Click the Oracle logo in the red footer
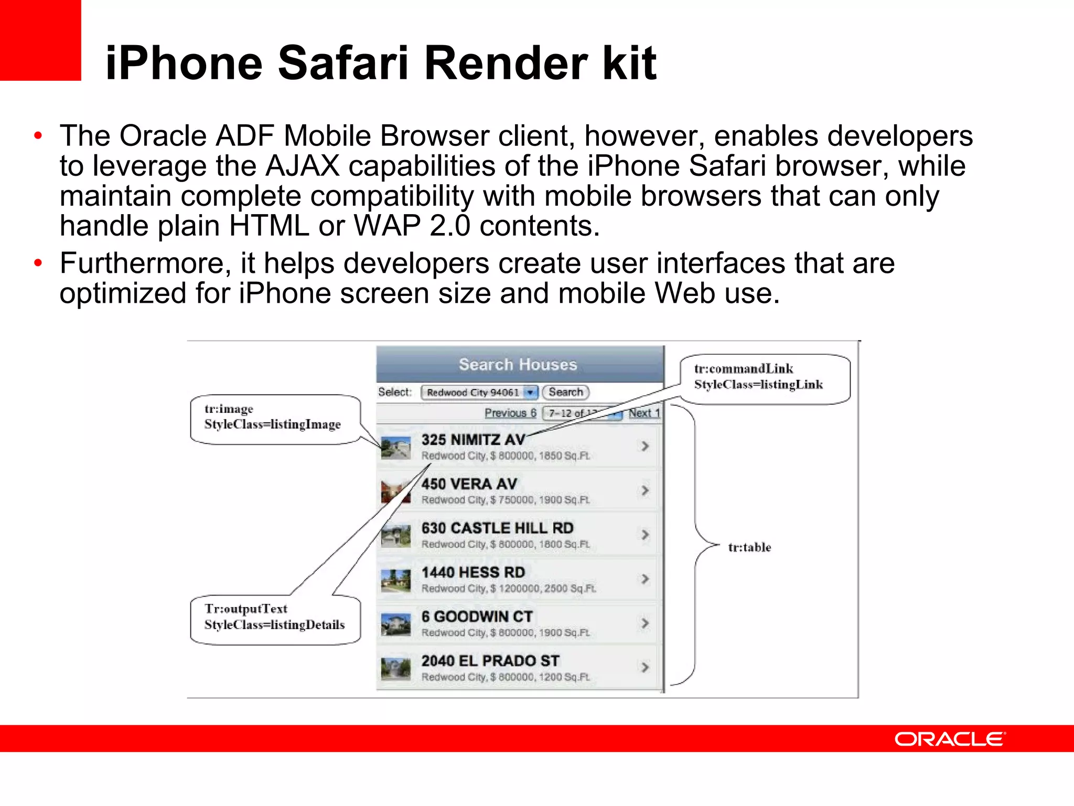(950, 739)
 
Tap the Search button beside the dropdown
(565, 392)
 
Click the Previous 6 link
(510, 413)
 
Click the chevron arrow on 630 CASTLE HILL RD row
(645, 535)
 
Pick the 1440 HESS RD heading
(473, 572)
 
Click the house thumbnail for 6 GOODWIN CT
(395, 624)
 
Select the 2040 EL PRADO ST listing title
(490, 661)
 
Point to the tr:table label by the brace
(749, 547)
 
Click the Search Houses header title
(518, 364)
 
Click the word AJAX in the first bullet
(303, 166)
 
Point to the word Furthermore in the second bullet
(145, 263)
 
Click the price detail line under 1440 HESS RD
(508, 589)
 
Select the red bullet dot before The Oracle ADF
(38, 136)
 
